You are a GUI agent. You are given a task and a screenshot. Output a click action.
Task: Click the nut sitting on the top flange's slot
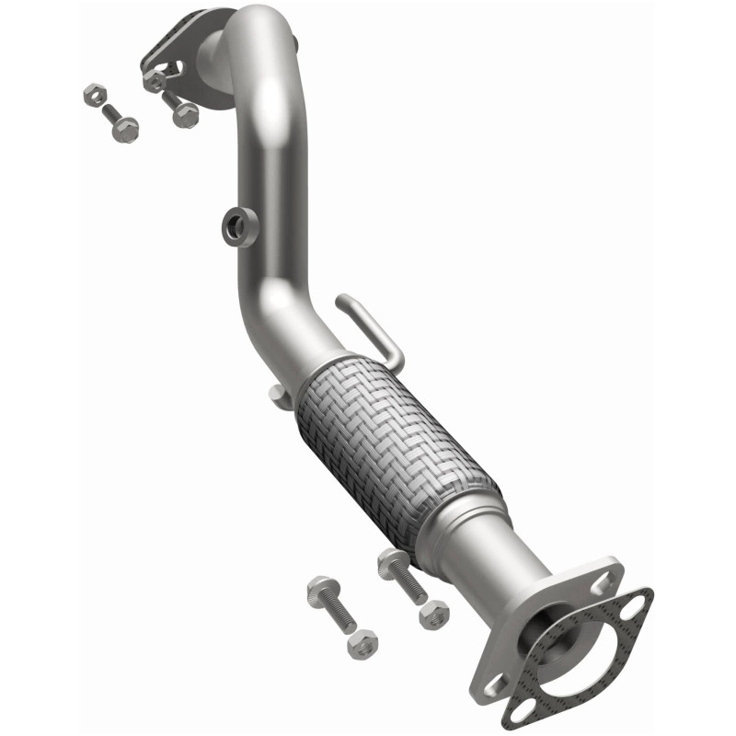click(x=156, y=80)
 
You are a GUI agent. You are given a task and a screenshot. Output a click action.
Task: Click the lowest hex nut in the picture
click(x=363, y=640)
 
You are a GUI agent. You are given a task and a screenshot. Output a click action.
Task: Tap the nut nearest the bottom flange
click(x=433, y=613)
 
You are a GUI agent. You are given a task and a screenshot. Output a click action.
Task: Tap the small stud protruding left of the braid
click(x=275, y=393)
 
